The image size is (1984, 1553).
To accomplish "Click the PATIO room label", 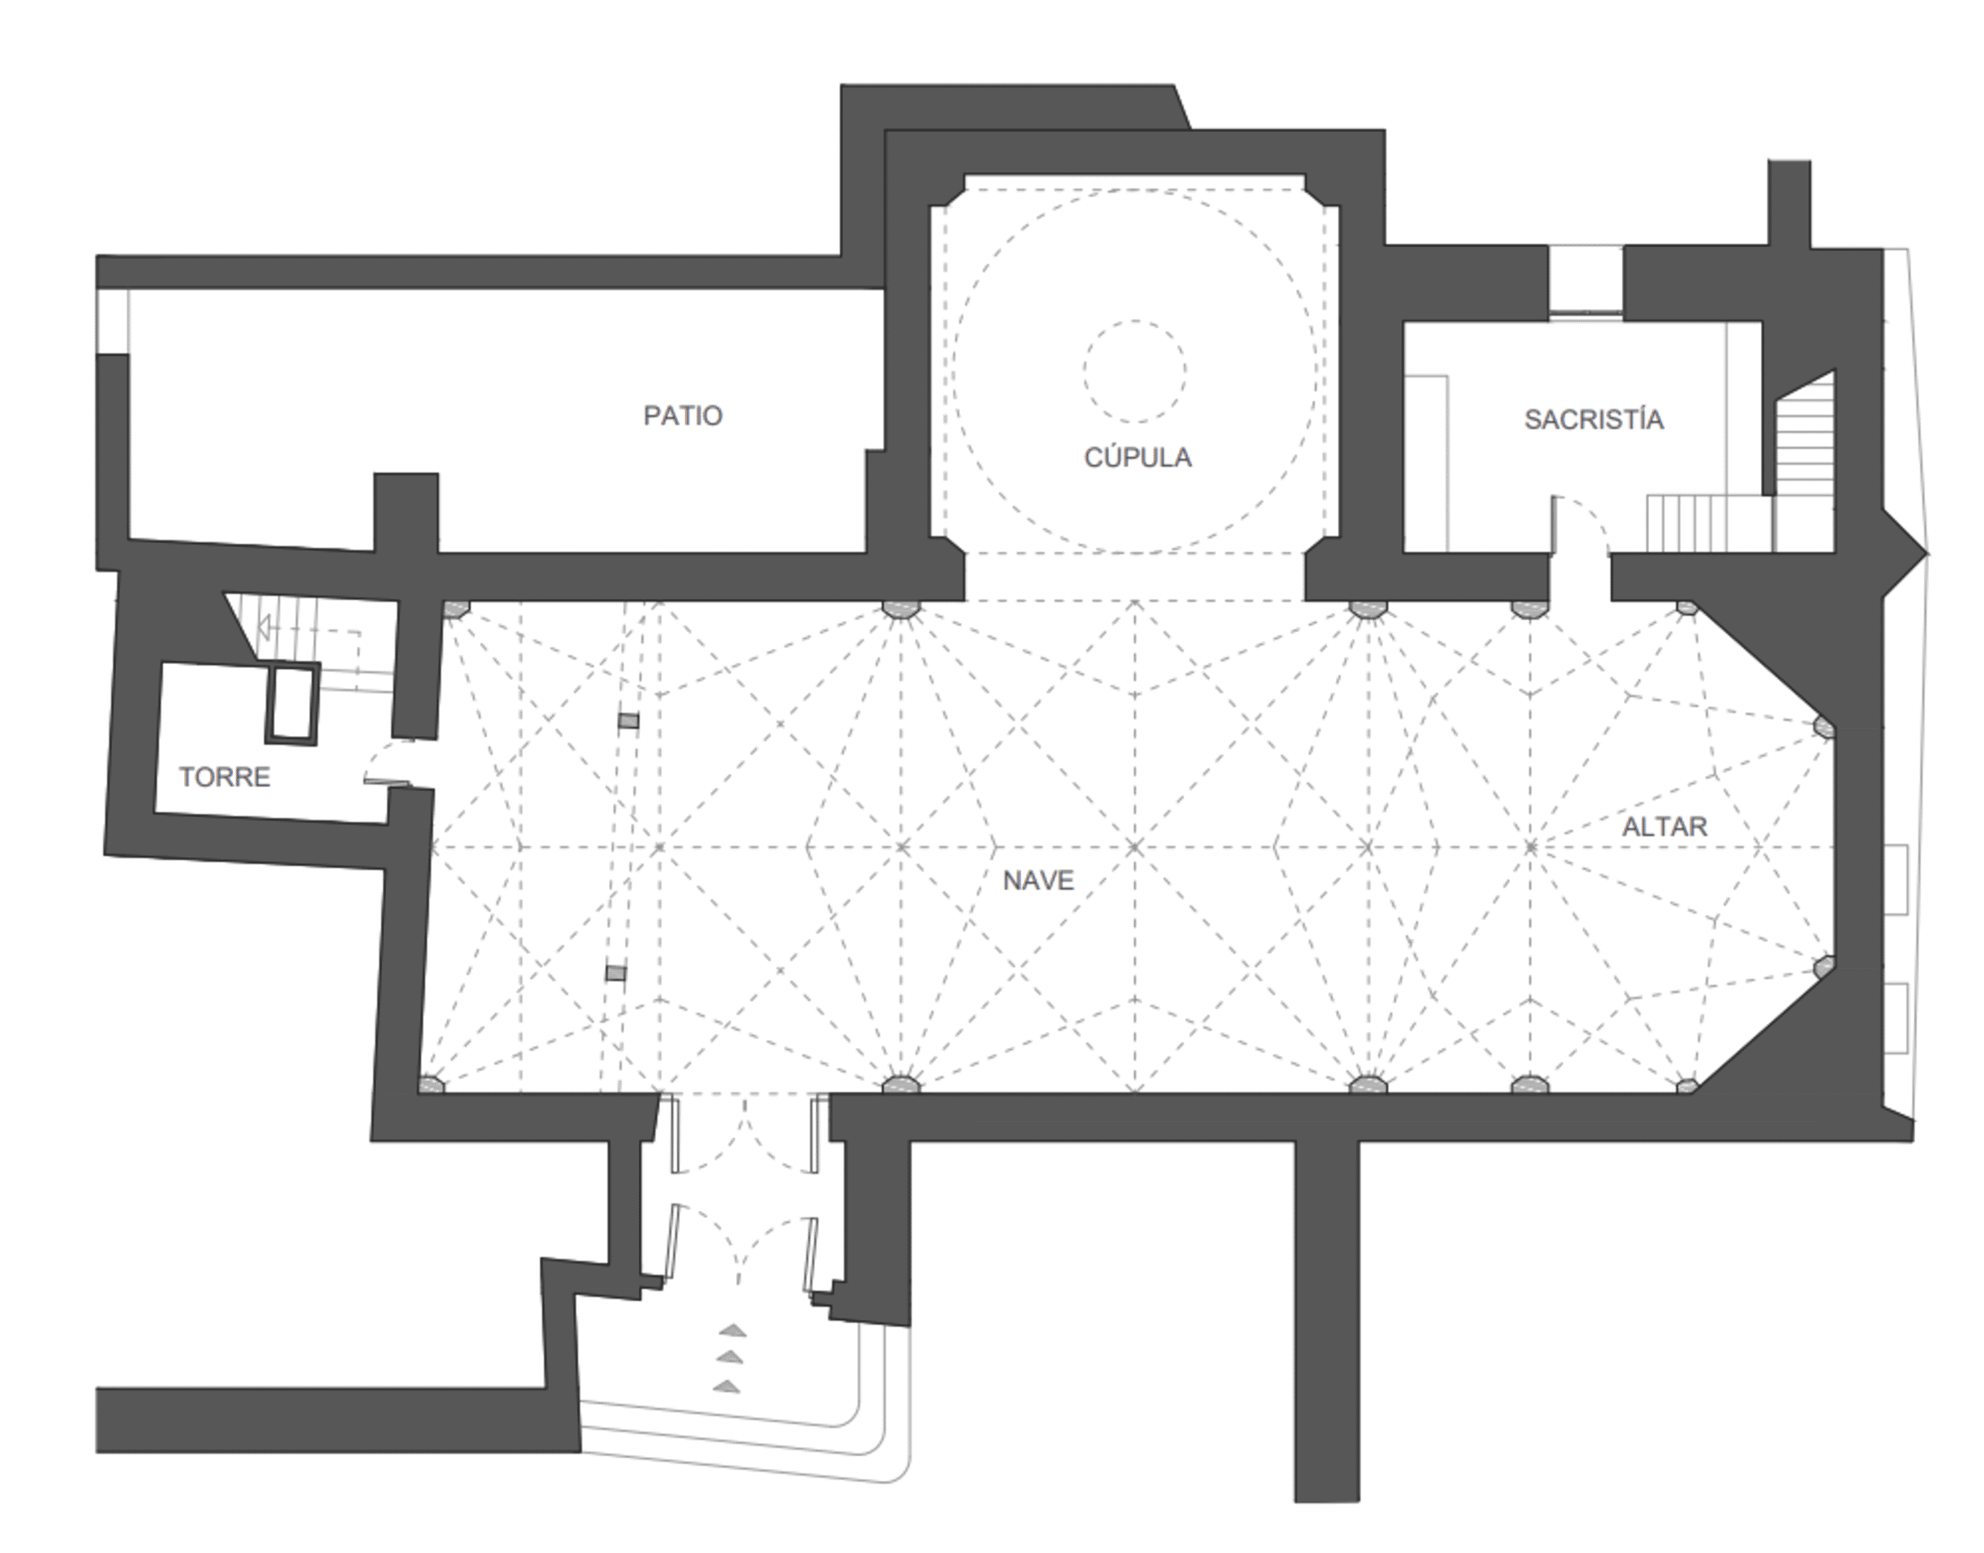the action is click(x=683, y=416).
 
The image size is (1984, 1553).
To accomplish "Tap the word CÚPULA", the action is click(x=1137, y=456).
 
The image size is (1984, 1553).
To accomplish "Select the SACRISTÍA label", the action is click(x=1594, y=418).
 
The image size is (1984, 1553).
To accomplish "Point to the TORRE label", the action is click(x=225, y=776).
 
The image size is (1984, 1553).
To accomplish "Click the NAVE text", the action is click(x=1039, y=880).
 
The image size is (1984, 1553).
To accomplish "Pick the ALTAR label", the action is click(x=1665, y=827).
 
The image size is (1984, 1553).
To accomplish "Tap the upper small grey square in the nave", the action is click(x=628, y=721).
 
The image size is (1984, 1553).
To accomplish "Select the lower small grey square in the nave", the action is click(x=616, y=973).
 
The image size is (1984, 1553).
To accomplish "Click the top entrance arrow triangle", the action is click(x=733, y=1331).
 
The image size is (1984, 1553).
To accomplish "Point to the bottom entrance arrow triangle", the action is click(x=726, y=1386).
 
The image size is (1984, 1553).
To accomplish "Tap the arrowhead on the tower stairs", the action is click(x=264, y=627).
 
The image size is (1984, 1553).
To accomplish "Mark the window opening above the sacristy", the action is click(x=1586, y=281).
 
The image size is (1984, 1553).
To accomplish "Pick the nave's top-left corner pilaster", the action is click(x=455, y=608).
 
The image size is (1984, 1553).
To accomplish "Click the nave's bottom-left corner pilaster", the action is click(x=431, y=1084).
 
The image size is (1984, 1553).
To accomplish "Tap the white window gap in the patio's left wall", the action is click(x=112, y=321).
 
